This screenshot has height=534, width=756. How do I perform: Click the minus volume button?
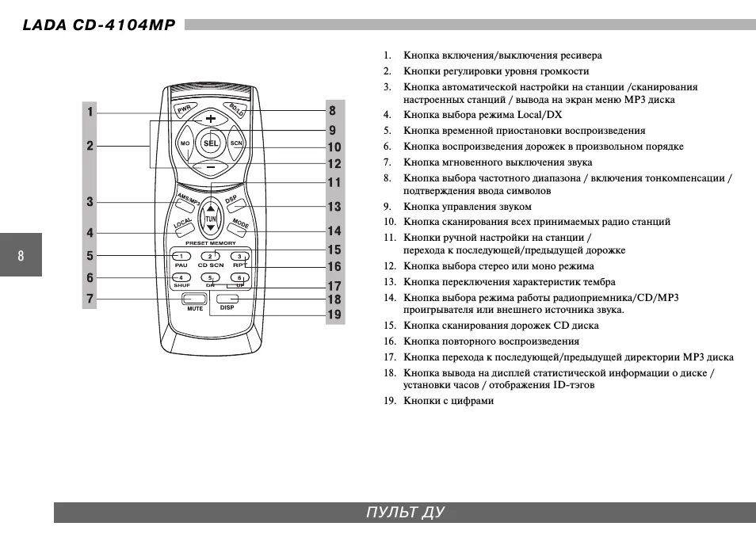click(x=210, y=167)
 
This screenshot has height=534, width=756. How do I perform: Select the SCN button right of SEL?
click(x=235, y=143)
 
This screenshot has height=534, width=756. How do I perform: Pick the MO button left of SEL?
click(x=185, y=143)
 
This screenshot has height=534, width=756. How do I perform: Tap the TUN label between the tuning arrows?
click(x=210, y=219)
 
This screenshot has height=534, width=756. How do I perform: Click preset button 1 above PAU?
click(x=181, y=256)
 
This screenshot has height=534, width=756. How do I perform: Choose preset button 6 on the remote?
click(x=239, y=278)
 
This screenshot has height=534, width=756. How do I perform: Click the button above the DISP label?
click(x=227, y=298)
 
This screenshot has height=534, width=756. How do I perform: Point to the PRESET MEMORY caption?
click(x=210, y=243)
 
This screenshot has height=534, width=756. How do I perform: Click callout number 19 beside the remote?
click(x=334, y=315)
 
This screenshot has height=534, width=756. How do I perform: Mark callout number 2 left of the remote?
click(x=90, y=145)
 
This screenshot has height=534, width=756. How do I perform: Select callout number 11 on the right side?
click(x=334, y=182)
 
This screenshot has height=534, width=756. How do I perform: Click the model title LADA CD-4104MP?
click(x=98, y=25)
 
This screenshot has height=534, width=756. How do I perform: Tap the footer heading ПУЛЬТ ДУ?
click(x=405, y=512)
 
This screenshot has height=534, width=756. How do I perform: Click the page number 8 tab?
click(x=21, y=255)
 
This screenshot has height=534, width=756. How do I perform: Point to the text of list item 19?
click(x=449, y=401)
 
